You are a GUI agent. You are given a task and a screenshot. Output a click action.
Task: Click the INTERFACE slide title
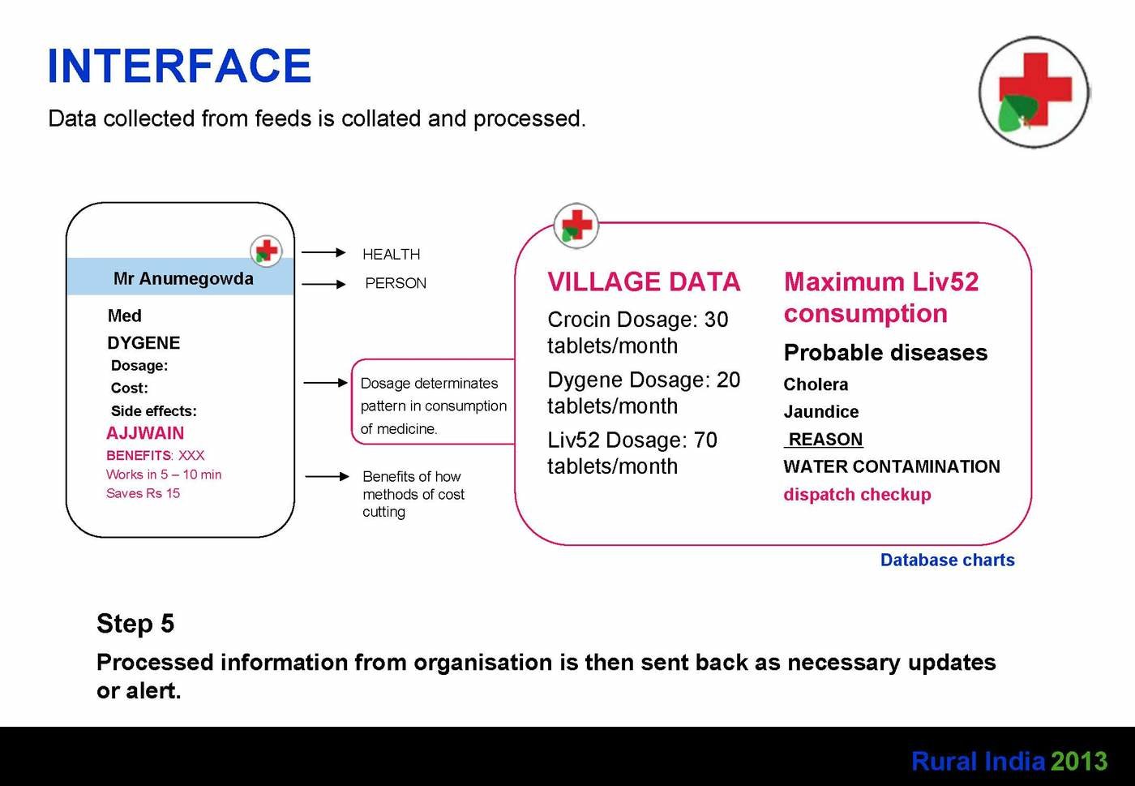coord(179,66)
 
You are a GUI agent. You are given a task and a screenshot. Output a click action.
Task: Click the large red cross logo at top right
coord(1034,92)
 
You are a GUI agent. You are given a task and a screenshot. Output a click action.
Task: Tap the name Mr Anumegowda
coord(183,278)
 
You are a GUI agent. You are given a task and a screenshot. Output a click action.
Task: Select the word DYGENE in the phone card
coord(143,343)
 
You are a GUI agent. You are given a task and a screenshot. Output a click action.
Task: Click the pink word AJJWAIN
coord(145,433)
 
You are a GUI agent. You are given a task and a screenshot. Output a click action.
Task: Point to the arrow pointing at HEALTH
coord(323,252)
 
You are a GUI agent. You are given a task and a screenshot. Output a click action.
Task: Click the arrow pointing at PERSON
coord(323,284)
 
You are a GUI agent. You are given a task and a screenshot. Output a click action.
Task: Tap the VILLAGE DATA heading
coord(644,282)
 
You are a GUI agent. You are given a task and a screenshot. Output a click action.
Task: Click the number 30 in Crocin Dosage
coord(716,320)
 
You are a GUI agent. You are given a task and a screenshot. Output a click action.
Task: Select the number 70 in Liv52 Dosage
coord(705,440)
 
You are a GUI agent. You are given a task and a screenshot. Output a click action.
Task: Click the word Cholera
coord(816,384)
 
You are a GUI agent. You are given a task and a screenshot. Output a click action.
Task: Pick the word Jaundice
coord(820,411)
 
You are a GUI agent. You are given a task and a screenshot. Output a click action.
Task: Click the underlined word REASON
coord(825,439)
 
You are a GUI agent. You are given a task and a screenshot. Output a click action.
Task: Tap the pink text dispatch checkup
coord(857,495)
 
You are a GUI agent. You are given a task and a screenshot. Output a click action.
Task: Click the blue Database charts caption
coord(947,560)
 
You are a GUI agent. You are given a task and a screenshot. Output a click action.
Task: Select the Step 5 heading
coord(135,623)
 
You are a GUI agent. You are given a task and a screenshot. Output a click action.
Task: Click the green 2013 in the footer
coord(1079,761)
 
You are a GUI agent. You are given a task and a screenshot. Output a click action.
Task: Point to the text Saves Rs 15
coord(143,493)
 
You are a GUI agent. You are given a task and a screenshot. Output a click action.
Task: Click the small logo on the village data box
coord(576,225)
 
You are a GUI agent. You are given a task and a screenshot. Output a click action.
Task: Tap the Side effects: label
coord(153,410)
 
